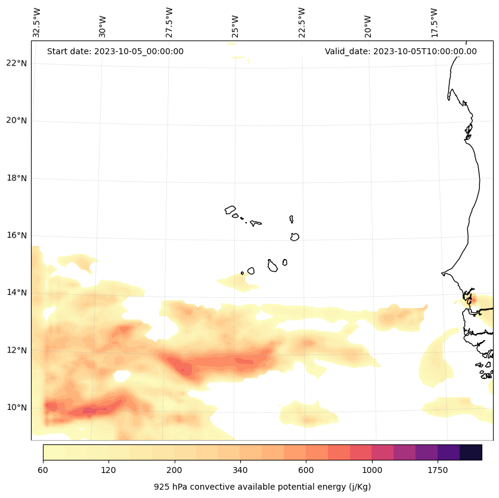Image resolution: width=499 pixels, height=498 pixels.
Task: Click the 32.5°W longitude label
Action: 37,23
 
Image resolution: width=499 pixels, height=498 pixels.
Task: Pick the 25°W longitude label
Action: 235,26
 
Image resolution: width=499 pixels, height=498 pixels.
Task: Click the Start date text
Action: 115,51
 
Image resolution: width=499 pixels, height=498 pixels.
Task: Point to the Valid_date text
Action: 401,51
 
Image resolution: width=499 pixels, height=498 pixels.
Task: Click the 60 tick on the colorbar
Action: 43,471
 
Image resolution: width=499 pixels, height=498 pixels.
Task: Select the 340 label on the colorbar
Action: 240,471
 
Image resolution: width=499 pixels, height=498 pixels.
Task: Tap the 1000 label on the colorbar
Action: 371,471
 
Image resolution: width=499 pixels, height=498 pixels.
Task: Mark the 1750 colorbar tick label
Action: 438,471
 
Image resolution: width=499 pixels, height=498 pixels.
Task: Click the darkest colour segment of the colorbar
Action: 470,452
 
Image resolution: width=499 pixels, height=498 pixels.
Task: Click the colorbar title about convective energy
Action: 262,487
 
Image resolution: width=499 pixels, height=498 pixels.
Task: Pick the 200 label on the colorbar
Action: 174,471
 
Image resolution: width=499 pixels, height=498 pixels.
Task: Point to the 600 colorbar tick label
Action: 306,471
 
